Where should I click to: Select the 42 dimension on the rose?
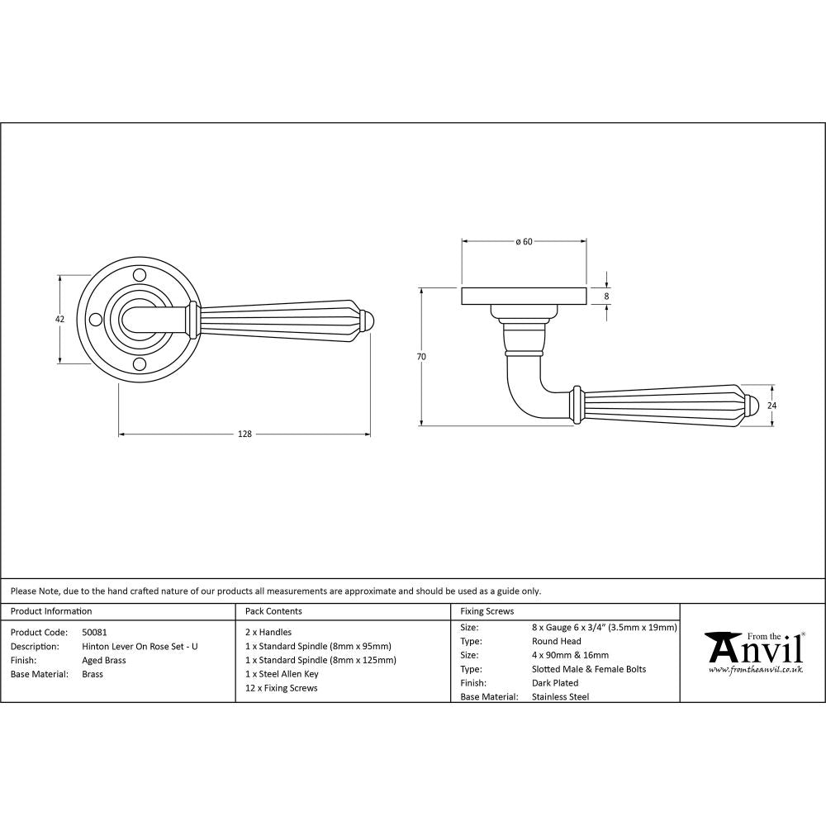[59, 319]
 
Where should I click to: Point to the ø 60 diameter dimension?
[524, 241]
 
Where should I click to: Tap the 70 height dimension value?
[421, 357]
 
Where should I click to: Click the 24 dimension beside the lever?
[773, 406]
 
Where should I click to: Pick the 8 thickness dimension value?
[607, 296]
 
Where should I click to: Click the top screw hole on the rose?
[140, 274]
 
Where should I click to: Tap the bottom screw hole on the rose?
[140, 363]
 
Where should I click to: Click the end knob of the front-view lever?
[368, 319]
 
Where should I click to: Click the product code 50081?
[95, 632]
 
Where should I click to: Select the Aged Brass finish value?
[103, 660]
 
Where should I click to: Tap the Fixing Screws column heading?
[487, 611]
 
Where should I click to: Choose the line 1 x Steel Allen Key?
[282, 674]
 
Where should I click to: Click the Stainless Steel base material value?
[561, 696]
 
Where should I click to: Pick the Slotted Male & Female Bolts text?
[589, 669]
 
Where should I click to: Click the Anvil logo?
[753, 653]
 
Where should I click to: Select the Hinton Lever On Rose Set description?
[140, 646]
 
